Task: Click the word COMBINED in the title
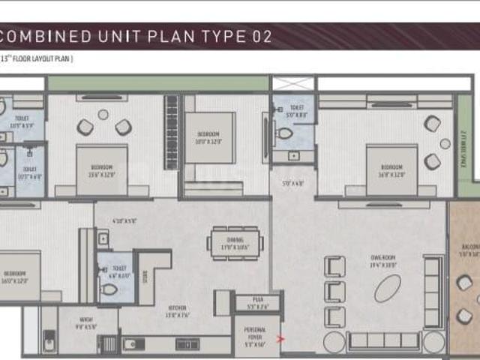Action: pos(46,35)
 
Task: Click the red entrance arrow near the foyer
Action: pos(281,339)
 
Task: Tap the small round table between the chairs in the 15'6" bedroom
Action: pos(103,115)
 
